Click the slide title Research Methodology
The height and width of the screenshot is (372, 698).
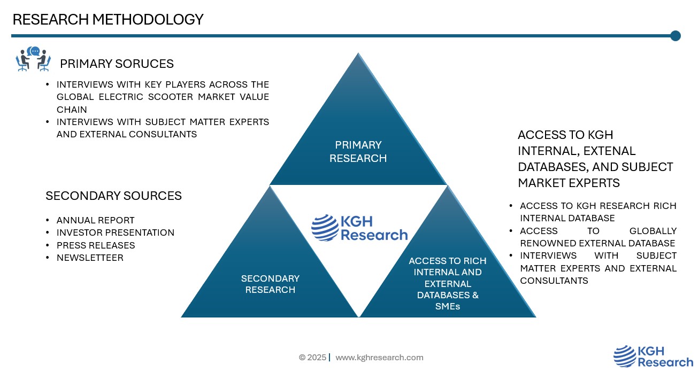(108, 20)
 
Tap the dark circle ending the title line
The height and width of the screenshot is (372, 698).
(675, 36)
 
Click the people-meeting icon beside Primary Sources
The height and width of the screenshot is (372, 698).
(33, 59)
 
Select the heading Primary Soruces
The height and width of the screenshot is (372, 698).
(117, 64)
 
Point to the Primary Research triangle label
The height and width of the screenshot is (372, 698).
(358, 151)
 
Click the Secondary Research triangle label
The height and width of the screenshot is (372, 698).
(270, 284)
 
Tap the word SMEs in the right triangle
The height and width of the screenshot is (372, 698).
(448, 306)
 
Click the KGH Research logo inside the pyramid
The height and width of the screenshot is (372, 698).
(359, 228)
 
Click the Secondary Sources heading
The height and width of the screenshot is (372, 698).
(113, 196)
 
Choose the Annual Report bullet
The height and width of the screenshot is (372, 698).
(96, 220)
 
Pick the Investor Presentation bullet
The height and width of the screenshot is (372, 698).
(116, 232)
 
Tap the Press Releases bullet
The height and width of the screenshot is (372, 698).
(96, 245)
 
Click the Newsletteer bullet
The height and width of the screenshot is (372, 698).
(90, 258)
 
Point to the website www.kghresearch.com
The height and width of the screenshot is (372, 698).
(379, 358)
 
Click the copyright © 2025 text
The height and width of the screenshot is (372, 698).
(312, 358)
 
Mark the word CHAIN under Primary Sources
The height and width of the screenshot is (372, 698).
(72, 110)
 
